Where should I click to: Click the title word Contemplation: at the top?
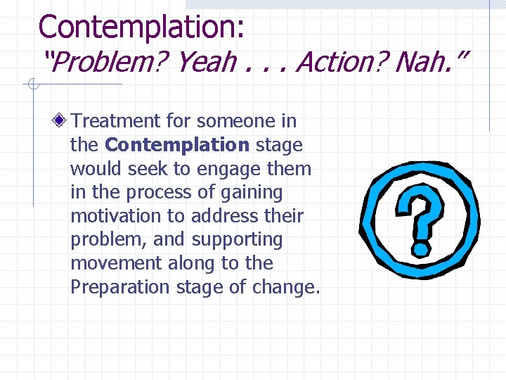coord(141,27)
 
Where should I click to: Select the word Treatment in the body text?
coord(117,121)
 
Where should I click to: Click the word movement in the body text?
coord(117,263)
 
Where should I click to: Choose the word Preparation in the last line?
coord(120,287)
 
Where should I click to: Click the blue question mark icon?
coord(419,211)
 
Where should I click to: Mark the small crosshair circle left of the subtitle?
coord(32,85)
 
